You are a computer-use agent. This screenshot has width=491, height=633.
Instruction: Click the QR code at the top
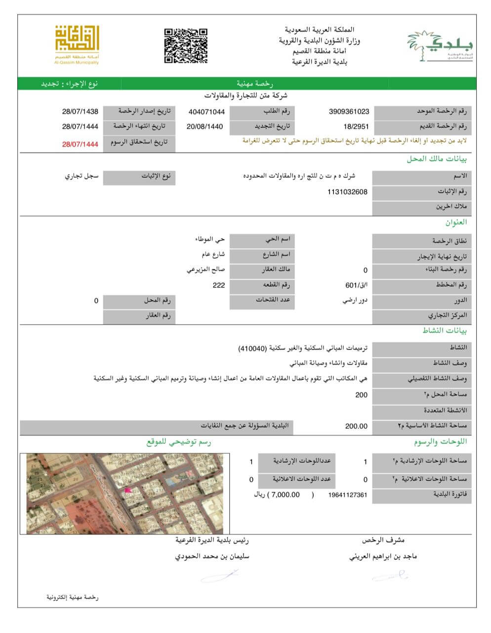tap(186, 45)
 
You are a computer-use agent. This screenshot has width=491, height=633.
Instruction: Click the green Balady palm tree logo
tap(439, 45)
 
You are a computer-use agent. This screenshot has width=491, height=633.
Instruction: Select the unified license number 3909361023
tap(349, 112)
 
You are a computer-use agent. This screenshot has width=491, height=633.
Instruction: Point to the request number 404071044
tap(206, 112)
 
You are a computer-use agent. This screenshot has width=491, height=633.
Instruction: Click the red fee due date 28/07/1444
tap(80, 144)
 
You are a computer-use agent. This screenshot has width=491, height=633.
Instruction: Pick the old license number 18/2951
tap(356, 127)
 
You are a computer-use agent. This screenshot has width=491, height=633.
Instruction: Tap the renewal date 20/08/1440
tap(205, 127)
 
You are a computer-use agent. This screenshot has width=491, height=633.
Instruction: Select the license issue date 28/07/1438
tap(80, 112)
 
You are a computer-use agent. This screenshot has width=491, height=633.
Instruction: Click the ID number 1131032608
tap(347, 192)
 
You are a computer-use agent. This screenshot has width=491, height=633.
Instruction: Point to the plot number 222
tap(218, 285)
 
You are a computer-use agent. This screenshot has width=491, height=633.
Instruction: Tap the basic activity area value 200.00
tap(356, 426)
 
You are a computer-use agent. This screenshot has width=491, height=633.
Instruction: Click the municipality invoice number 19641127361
tap(347, 495)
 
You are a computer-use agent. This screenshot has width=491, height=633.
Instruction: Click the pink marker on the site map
tap(128, 490)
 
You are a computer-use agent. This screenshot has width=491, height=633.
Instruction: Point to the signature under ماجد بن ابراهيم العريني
tap(390, 575)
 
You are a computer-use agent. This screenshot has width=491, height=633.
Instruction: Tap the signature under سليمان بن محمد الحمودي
tap(220, 575)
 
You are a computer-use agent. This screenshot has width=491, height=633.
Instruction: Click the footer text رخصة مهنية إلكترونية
tap(73, 597)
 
